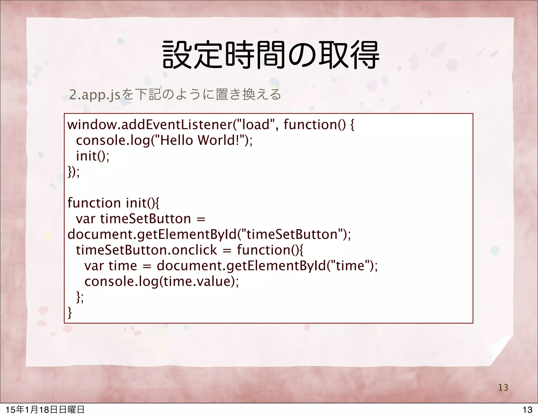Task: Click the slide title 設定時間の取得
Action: pyautogui.click(x=271, y=55)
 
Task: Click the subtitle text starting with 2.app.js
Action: pyautogui.click(x=175, y=95)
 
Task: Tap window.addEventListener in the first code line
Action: pyautogui.click(x=150, y=125)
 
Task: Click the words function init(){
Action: pyautogui.click(x=113, y=203)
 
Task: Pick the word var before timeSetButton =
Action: pyautogui.click(x=85, y=219)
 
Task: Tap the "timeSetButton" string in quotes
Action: pyautogui.click(x=292, y=234)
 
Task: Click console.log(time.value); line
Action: pyautogui.click(x=162, y=282)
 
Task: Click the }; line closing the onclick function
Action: pyautogui.click(x=80, y=297)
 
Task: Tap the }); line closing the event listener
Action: pyautogui.click(x=74, y=172)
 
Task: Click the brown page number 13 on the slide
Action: pyautogui.click(x=503, y=387)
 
